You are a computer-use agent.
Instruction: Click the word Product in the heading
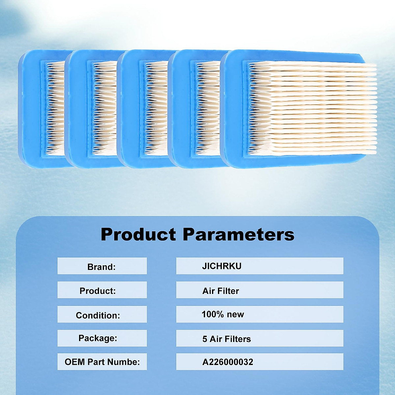[x=138, y=234]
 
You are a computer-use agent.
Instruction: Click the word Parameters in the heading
[x=239, y=234]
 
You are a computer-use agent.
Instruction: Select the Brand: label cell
[x=102, y=266]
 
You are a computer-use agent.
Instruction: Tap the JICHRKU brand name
[x=222, y=266]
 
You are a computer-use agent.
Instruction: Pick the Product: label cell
[x=102, y=290]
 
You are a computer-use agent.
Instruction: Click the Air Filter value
[x=221, y=291]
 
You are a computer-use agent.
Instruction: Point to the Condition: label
[x=98, y=315]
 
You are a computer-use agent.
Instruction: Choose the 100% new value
[x=223, y=314]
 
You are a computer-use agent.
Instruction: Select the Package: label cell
[x=102, y=338]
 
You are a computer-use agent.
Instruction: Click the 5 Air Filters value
[x=226, y=339]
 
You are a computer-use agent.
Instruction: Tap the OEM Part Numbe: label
[x=102, y=362]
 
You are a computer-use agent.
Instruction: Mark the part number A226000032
[x=227, y=362]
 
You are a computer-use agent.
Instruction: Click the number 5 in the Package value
[x=204, y=339]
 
